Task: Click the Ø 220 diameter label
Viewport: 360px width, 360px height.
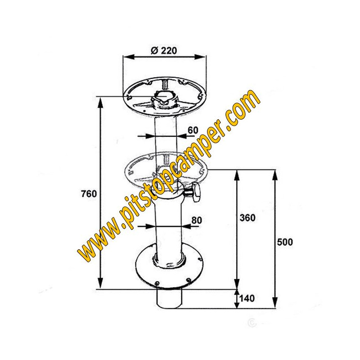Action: tap(163, 50)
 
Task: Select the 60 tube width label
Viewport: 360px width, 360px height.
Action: tap(193, 130)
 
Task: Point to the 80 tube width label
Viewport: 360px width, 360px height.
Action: tap(197, 220)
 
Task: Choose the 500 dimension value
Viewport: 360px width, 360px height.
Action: tap(285, 242)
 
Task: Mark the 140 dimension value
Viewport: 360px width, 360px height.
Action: tap(247, 298)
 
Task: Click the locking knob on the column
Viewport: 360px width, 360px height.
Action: tap(193, 193)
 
